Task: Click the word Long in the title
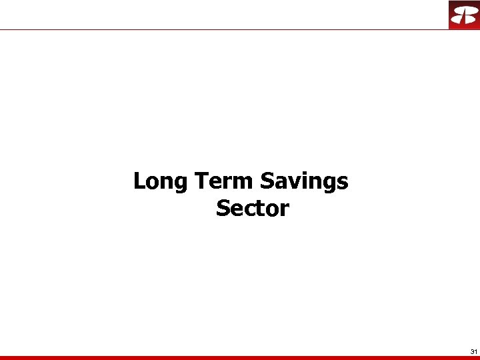(x=161, y=181)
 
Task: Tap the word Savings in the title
(x=304, y=181)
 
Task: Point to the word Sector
(x=252, y=209)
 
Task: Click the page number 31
(x=473, y=351)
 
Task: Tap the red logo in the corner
(x=463, y=15)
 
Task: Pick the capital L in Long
(x=139, y=181)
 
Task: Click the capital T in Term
(x=201, y=181)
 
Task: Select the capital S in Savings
(x=267, y=181)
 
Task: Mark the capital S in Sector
(x=223, y=209)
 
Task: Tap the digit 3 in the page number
(x=471, y=351)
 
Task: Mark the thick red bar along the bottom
(x=240, y=358)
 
